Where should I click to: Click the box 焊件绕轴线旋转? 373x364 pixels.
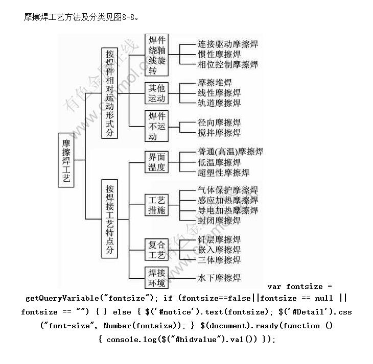(x=157, y=55)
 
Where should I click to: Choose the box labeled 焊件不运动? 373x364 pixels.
(x=157, y=126)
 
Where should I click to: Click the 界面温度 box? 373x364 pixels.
(x=157, y=161)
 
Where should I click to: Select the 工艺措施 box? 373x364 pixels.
(x=157, y=204)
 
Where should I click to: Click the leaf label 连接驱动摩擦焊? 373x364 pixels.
(x=227, y=44)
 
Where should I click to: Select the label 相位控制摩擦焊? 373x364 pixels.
(x=227, y=65)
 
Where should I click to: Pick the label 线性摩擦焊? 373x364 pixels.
(x=219, y=93)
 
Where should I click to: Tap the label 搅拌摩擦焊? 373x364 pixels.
(x=219, y=133)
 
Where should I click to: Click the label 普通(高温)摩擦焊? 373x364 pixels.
(x=230, y=152)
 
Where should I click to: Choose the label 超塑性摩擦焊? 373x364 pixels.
(x=223, y=173)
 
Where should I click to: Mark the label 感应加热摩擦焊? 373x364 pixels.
(x=227, y=200)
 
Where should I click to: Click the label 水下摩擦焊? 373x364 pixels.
(x=219, y=278)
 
